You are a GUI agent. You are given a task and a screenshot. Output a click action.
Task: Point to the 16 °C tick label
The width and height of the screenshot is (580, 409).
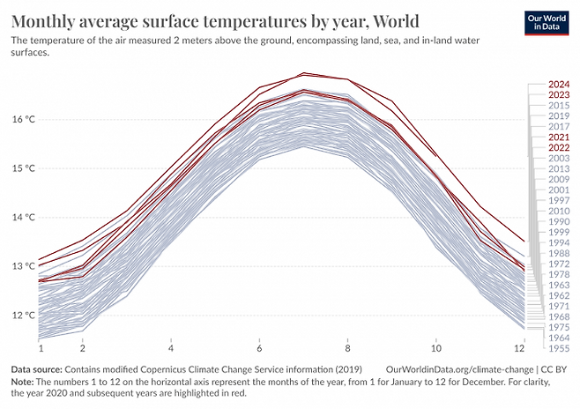23,119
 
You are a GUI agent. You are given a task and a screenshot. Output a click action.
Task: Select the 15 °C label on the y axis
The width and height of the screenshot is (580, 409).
23,167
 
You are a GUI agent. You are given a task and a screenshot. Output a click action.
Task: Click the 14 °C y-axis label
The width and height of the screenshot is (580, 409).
23,217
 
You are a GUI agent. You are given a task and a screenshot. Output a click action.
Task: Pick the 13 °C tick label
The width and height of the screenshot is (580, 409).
23,266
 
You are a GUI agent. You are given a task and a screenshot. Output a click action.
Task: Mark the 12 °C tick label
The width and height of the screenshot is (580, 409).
23,315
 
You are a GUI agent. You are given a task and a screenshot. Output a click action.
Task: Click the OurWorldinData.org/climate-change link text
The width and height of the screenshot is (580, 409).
464,368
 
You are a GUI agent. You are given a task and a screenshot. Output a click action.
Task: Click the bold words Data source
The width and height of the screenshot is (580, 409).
36,368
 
